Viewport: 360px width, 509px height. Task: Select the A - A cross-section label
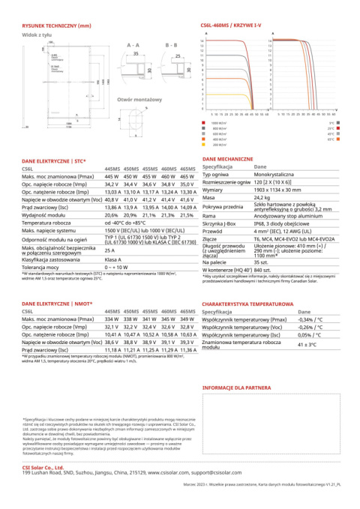(133, 46)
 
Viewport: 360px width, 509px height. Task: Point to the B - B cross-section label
(171, 46)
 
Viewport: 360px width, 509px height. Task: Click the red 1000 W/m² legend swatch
(204, 123)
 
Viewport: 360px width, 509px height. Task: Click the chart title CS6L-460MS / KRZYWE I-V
(234, 26)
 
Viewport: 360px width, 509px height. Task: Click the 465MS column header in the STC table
(187, 169)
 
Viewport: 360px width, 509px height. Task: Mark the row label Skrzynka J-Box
(219, 223)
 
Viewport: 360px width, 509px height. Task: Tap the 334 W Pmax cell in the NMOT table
(112, 319)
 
